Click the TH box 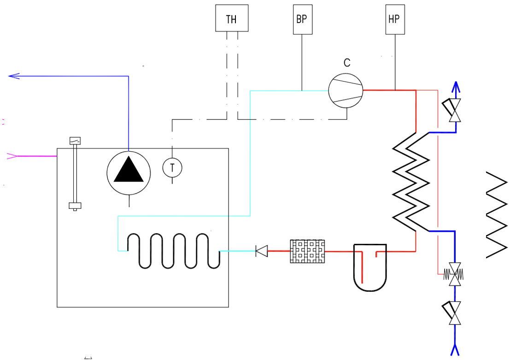[x=232, y=18]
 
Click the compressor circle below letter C [x=346, y=90]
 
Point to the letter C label [x=347, y=63]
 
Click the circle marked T [x=172, y=167]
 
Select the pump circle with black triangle [x=129, y=173]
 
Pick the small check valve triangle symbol [x=262, y=251]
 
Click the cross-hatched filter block [x=307, y=251]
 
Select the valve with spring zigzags [x=455, y=275]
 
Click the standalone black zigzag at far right [x=498, y=215]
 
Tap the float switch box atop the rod [x=75, y=141]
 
